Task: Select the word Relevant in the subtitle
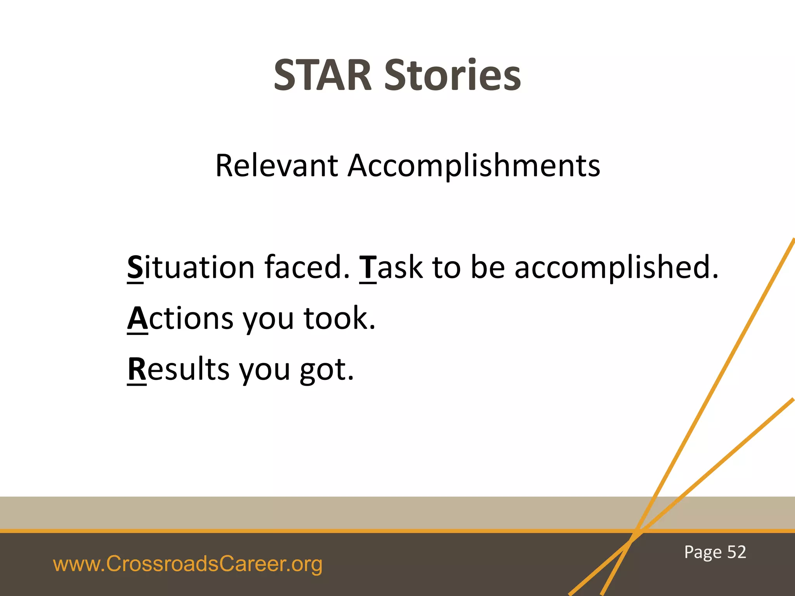[x=276, y=166]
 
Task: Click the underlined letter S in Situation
[x=135, y=267]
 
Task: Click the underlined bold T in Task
[x=368, y=267]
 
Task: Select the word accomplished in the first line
[x=616, y=267]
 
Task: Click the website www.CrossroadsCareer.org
[x=187, y=564]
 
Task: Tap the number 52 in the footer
[x=736, y=552]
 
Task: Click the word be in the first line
[x=488, y=267]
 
